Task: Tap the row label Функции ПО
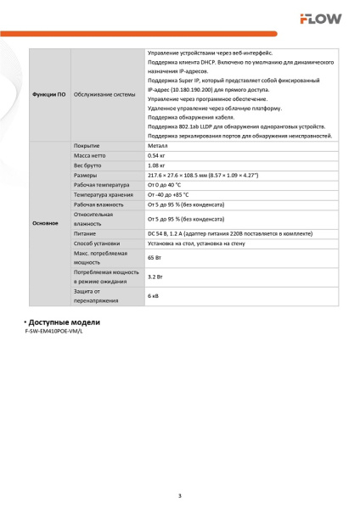point(48,93)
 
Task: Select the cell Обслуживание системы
point(104,93)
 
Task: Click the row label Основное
point(45,224)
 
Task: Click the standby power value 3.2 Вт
point(155,277)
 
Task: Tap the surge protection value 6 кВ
point(153,296)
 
